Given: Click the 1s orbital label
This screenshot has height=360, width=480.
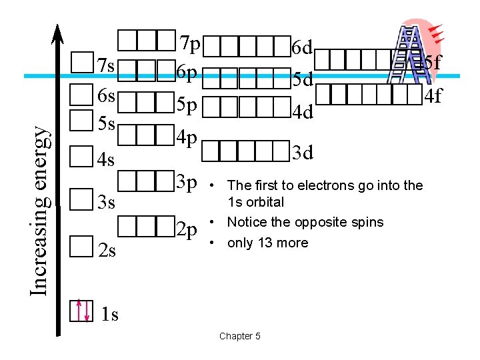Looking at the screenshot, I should (x=109, y=314).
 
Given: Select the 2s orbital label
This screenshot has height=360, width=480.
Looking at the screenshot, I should (x=107, y=251).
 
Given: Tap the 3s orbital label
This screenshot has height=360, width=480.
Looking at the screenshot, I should (x=107, y=201).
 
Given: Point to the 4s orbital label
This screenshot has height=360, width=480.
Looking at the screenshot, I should (x=107, y=160).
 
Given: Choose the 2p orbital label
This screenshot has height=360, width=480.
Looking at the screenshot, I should (x=187, y=230).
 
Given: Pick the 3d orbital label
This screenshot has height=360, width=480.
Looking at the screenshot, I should (x=303, y=153).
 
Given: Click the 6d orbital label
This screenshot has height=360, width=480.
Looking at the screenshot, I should (x=303, y=47).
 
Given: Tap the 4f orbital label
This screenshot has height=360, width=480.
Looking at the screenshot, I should (x=433, y=96).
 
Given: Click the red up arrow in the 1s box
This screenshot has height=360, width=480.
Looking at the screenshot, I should (x=79, y=310).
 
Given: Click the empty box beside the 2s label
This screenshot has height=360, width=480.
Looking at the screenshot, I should (x=81, y=247).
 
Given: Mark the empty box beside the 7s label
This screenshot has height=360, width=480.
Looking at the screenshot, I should (x=81, y=62).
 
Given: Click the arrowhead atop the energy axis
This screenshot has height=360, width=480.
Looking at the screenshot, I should (x=59, y=33).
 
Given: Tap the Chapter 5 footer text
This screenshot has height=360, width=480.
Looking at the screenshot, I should (x=239, y=336).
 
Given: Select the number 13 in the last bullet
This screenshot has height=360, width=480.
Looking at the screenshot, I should (x=263, y=243).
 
